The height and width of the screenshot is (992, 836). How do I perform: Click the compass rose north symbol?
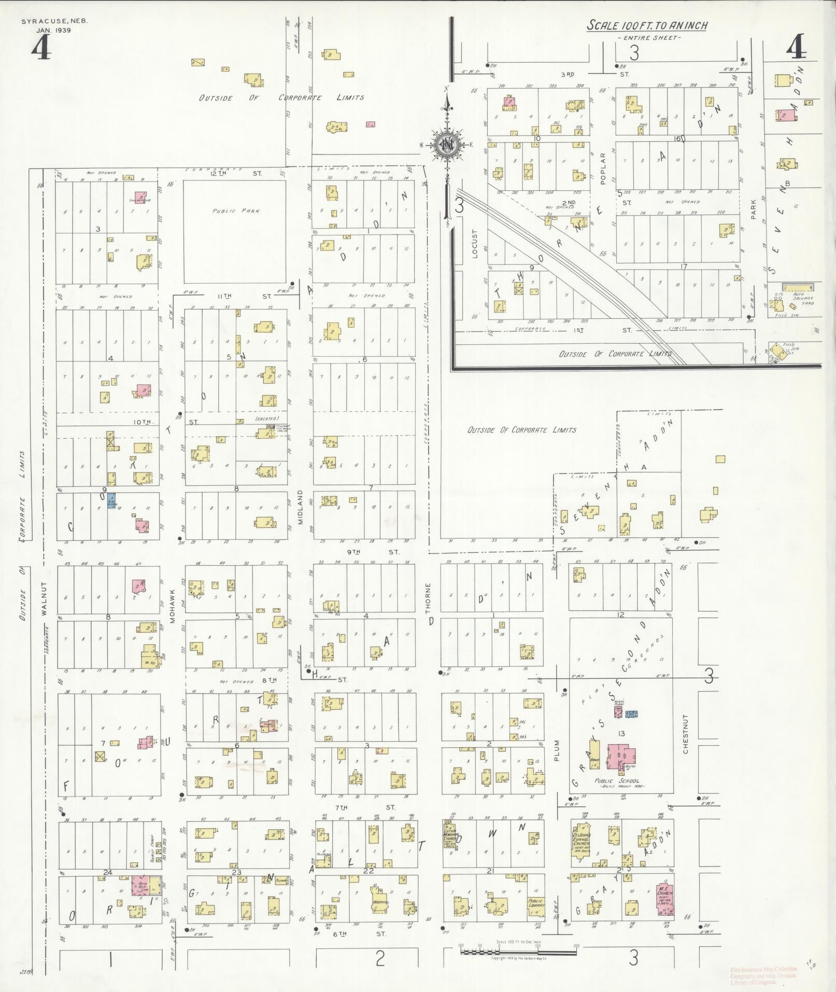[445, 145]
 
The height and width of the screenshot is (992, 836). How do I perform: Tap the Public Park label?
[236, 211]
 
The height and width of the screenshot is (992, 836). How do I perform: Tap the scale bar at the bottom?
[518, 951]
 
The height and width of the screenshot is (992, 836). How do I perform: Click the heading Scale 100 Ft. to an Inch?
[647, 25]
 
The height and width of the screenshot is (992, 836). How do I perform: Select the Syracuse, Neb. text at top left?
[55, 21]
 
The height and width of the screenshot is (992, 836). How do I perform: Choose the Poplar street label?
[603, 169]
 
